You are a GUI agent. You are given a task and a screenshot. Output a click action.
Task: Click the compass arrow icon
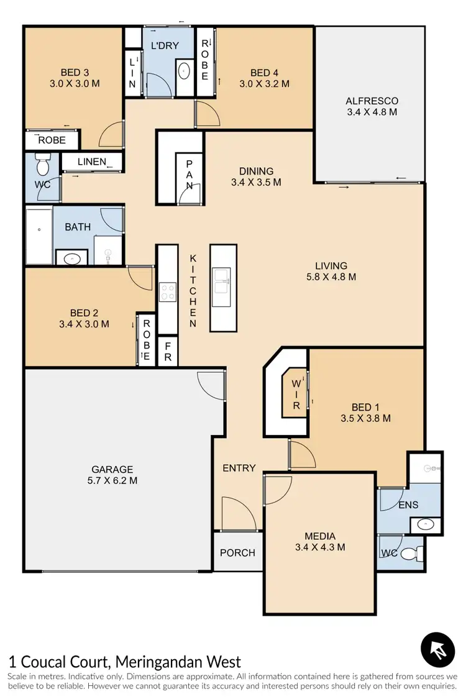click(x=438, y=650)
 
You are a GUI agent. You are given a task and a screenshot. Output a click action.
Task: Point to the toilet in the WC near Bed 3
click(x=42, y=167)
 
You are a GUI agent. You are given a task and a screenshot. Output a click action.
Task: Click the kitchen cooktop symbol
click(x=168, y=291)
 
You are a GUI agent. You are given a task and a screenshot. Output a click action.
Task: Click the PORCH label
click(x=237, y=552)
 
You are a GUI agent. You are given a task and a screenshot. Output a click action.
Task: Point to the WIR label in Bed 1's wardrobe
click(x=296, y=391)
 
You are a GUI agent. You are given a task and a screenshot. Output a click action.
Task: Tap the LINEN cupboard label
click(x=92, y=162)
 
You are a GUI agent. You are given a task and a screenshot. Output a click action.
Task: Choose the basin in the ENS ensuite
click(x=426, y=524)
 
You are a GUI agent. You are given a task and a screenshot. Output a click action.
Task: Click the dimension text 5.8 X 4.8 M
click(x=331, y=277)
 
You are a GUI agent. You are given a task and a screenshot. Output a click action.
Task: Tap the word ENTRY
click(x=239, y=468)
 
